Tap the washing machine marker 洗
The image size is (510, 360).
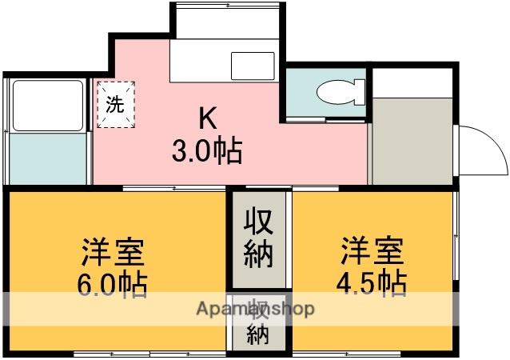point(116,104)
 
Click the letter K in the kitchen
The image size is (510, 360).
point(207,119)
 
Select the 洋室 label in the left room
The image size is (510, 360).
point(113,251)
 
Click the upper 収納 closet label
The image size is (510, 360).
point(258,238)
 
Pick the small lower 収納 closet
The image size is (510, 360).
point(258,325)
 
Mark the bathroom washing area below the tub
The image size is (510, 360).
point(46,158)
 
